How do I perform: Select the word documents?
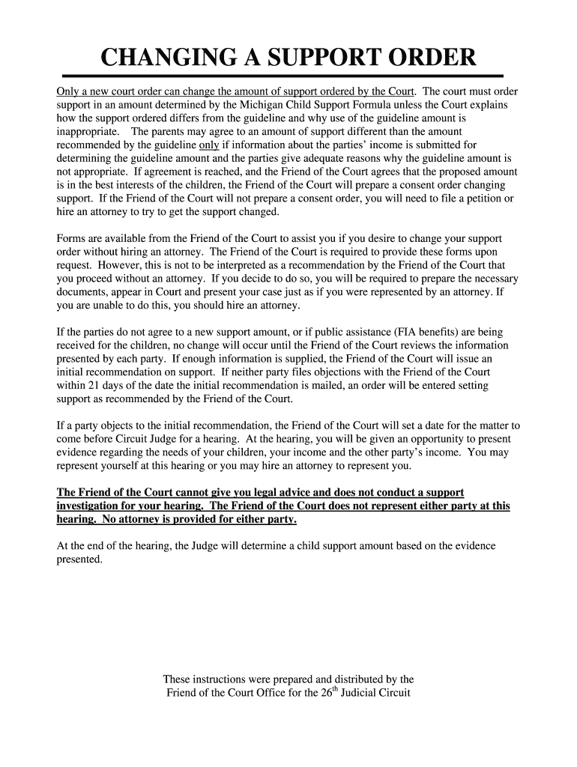82,292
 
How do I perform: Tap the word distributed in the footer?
354,679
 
